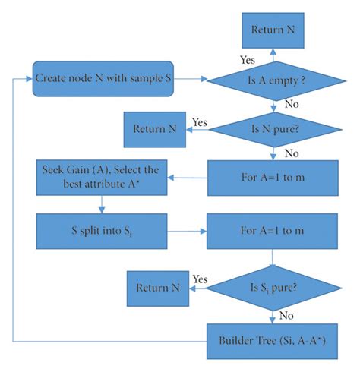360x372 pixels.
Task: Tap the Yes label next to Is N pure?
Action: (199, 121)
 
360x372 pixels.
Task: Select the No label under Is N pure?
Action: (289, 153)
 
